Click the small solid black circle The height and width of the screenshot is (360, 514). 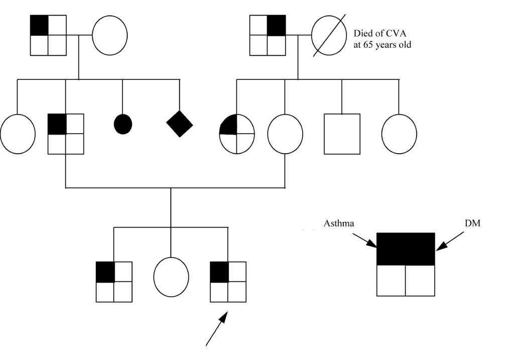(x=123, y=124)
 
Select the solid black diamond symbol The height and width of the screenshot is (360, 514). (x=179, y=124)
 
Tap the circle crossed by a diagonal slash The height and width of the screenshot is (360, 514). (x=329, y=35)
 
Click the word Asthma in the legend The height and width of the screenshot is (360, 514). (x=339, y=223)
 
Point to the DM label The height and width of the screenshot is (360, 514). (x=472, y=223)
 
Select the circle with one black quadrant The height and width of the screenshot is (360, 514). (x=237, y=134)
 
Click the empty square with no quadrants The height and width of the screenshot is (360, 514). (x=342, y=134)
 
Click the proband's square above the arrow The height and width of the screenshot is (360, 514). (x=228, y=282)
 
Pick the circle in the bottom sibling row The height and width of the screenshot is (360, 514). (x=171, y=277)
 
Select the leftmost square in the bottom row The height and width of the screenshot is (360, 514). (x=114, y=282)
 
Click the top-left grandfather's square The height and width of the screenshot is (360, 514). (x=48, y=35)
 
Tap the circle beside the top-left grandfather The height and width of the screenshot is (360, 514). (x=109, y=35)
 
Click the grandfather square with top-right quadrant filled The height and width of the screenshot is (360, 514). (x=268, y=35)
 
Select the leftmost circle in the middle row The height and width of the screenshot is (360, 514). (x=18, y=134)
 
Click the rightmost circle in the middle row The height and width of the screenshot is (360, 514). (x=399, y=134)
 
